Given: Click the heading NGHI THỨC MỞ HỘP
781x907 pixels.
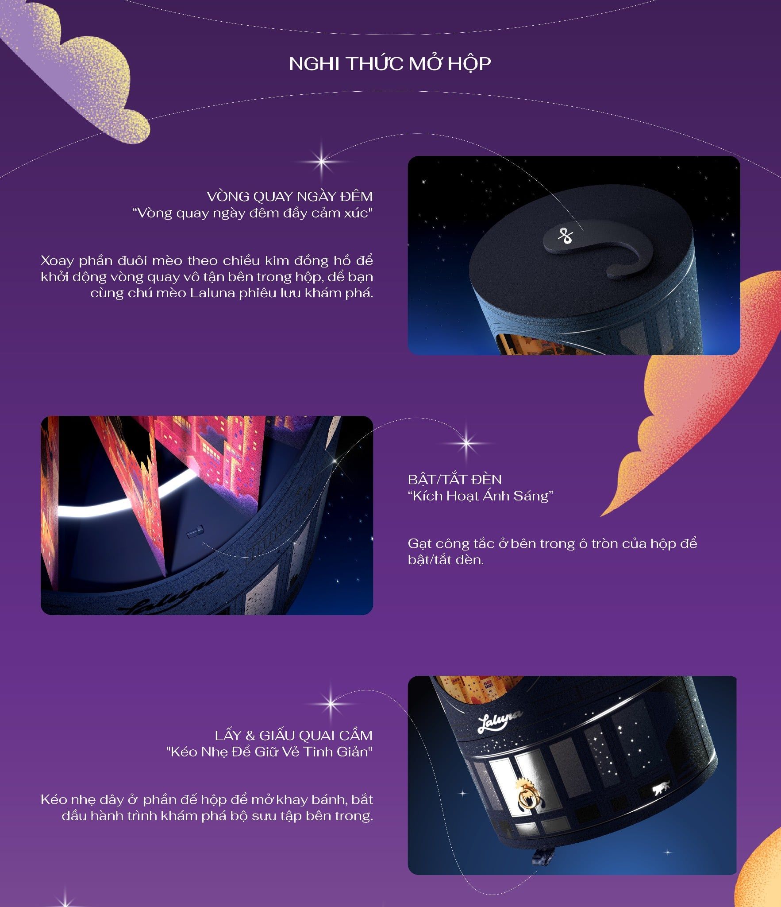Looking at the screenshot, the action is click(x=390, y=64).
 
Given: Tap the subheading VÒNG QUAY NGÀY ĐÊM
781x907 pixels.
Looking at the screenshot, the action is click(x=290, y=196).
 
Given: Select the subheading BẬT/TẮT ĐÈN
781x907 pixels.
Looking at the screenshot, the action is click(x=455, y=479).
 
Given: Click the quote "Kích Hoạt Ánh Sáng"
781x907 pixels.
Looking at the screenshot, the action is click(x=481, y=496).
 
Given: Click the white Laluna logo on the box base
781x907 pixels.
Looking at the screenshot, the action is click(x=500, y=721).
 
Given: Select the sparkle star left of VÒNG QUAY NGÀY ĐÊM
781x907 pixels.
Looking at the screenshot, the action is click(x=322, y=161).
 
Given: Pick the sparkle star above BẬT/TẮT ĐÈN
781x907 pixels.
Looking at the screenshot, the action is click(x=466, y=442).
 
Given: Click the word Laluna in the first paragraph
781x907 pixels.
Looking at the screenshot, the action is click(x=212, y=293).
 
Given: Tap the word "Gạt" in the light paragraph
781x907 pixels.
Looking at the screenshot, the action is click(x=420, y=544).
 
